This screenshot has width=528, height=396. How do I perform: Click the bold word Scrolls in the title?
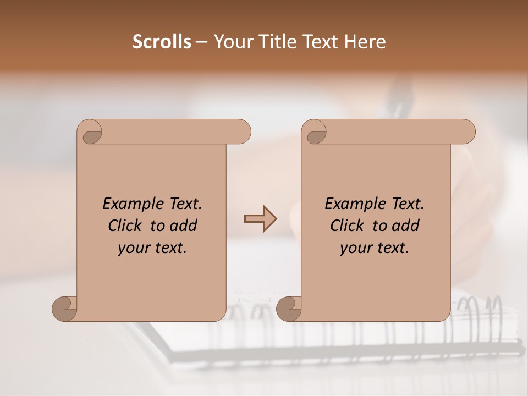[162, 42]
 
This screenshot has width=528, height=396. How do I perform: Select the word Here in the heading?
[365, 42]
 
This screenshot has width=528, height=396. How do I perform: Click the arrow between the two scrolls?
[260, 219]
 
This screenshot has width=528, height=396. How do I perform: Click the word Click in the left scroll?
[127, 226]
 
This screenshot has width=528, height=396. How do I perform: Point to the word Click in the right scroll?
[349, 226]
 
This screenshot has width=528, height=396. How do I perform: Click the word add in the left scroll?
[183, 226]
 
